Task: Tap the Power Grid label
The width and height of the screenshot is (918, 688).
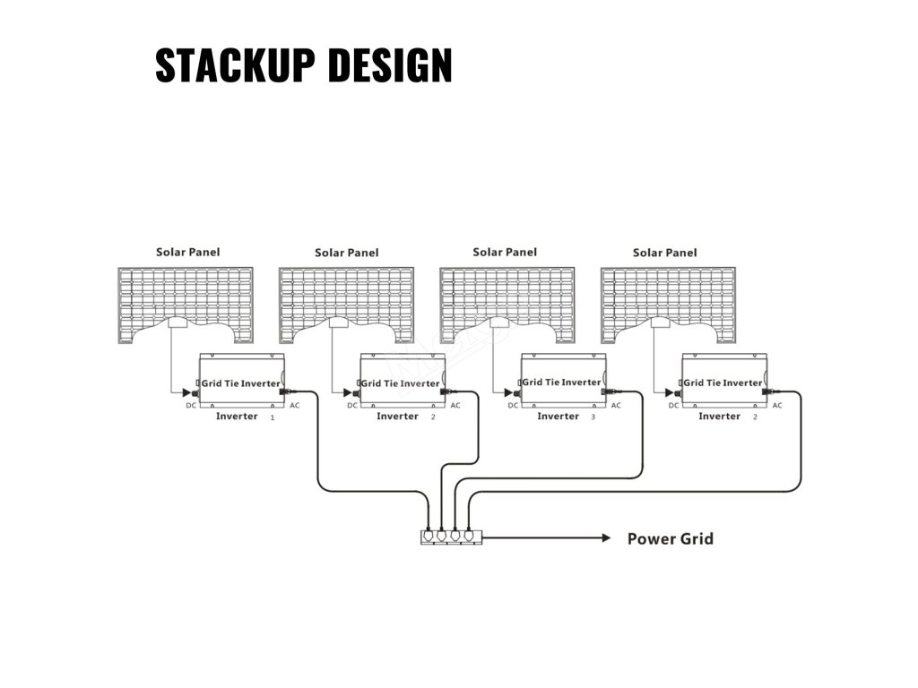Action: [x=670, y=538]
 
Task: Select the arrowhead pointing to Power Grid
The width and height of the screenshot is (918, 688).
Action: [x=604, y=538]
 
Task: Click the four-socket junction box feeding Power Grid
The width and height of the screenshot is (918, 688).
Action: [x=451, y=537]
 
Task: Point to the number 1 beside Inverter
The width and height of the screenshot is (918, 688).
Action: [x=272, y=417]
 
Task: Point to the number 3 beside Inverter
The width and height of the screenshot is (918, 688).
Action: [x=593, y=417]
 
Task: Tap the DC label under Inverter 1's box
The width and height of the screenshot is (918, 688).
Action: [x=190, y=406]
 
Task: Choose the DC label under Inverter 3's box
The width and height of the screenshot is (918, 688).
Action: [x=513, y=406]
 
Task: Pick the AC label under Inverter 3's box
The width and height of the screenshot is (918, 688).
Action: [x=616, y=406]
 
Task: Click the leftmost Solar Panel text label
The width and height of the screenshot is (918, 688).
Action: [x=187, y=253]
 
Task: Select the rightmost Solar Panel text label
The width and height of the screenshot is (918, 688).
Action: [x=664, y=253]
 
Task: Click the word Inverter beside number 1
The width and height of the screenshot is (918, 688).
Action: [x=237, y=417]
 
